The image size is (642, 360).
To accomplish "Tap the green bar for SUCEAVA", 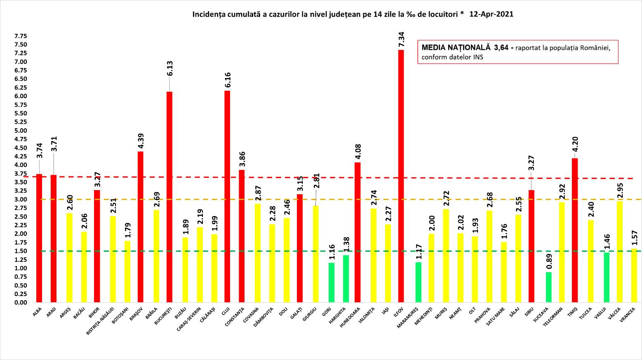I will (x=548, y=287).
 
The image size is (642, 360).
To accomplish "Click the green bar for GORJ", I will (x=332, y=282).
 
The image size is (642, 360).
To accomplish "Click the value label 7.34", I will (x=401, y=40).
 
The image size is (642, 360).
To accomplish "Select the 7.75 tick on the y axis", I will (x=21, y=36).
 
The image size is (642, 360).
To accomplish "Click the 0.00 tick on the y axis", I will (x=21, y=303).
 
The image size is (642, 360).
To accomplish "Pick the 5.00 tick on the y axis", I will (x=21, y=131).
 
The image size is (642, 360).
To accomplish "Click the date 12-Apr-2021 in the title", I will (x=491, y=14).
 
